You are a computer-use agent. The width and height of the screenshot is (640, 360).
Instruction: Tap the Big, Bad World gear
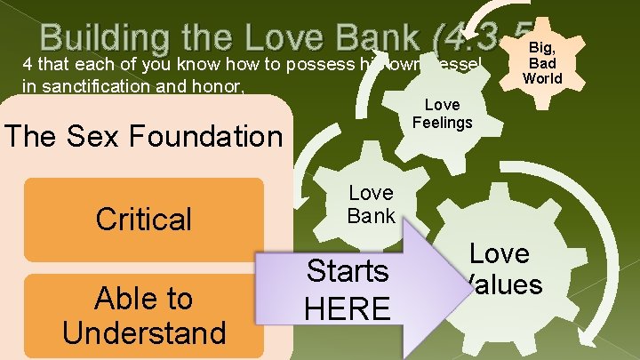click(541, 61)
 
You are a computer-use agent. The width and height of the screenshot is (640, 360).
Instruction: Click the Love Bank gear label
click(371, 204)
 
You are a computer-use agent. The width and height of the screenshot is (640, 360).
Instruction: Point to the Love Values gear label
click(499, 269)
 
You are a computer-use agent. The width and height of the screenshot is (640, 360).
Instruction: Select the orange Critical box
click(145, 219)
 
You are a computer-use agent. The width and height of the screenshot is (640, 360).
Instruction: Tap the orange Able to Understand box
click(145, 316)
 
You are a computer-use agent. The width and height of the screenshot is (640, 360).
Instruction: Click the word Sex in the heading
click(117, 136)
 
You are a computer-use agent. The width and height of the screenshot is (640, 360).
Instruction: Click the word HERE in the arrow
click(348, 308)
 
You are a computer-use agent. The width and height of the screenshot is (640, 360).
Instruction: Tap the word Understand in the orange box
click(145, 332)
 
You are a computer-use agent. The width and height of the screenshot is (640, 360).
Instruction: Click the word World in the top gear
click(542, 78)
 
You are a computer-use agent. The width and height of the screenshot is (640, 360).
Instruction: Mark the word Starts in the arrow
click(348, 271)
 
